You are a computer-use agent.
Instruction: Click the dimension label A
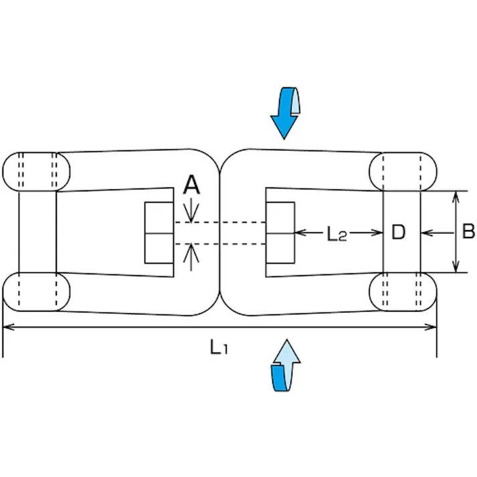(x=192, y=185)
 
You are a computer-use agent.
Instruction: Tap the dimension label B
(x=468, y=232)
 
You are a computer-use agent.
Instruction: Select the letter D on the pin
(x=399, y=233)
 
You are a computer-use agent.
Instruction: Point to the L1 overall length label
(x=219, y=347)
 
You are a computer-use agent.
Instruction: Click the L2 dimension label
(x=337, y=233)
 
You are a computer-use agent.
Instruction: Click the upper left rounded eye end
(x=37, y=171)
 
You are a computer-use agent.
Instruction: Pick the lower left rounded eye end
(x=37, y=292)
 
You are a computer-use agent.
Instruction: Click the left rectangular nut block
(x=160, y=232)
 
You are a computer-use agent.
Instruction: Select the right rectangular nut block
(x=280, y=232)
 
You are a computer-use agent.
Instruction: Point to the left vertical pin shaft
(x=37, y=231)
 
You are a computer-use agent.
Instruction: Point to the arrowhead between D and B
(x=429, y=233)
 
